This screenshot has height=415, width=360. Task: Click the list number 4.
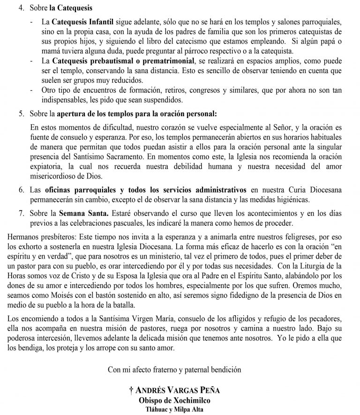(21, 8)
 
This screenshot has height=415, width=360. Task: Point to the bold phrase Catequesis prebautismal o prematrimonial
(123, 61)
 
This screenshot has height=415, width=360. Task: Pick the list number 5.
(21, 113)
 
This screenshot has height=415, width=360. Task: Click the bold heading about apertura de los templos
(136, 113)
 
